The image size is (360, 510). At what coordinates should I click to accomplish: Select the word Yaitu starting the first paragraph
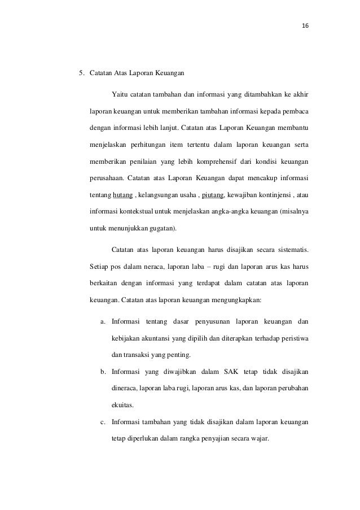(120, 93)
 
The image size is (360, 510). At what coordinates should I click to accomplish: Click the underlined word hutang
(123, 195)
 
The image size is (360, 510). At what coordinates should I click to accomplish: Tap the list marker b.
(103, 372)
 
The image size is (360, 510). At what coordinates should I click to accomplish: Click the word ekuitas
(123, 405)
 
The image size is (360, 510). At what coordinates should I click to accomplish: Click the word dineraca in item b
(126, 389)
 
